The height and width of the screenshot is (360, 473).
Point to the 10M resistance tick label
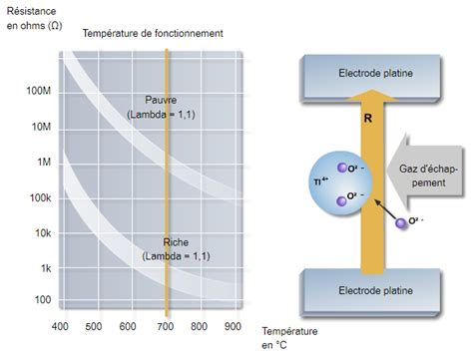pos(39,127)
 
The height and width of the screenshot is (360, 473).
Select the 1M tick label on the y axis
pos(42,162)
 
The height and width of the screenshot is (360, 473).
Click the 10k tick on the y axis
pos(41,233)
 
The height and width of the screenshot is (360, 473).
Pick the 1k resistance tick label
pos(45,268)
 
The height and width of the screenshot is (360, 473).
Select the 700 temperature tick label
pos(167,326)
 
